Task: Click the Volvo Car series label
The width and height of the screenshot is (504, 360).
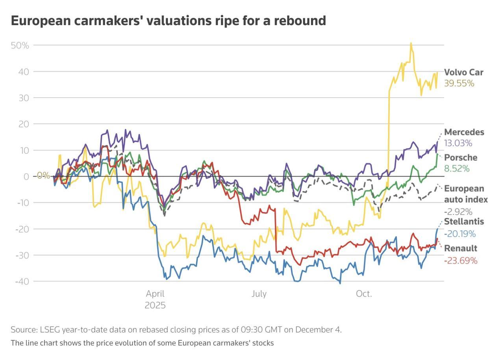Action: tap(463, 72)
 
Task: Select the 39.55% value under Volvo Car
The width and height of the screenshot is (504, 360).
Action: tap(459, 83)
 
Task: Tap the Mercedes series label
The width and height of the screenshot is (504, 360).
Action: tap(464, 132)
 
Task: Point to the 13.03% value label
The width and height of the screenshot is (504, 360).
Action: tap(458, 143)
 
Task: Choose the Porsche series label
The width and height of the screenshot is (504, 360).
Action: tap(461, 158)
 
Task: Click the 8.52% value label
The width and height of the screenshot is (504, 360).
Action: tap(457, 169)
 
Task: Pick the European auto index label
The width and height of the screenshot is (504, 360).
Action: tap(466, 194)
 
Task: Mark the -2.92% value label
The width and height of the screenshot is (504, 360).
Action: tap(458, 211)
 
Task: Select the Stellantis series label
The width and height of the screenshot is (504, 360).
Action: tap(464, 222)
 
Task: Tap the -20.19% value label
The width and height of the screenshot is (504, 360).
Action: tap(460, 234)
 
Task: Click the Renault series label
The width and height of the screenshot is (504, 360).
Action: tap(461, 249)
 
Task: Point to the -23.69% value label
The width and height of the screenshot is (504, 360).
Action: tap(461, 260)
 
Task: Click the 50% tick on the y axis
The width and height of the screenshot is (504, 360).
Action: tap(20, 45)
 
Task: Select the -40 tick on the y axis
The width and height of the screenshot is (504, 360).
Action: tap(22, 281)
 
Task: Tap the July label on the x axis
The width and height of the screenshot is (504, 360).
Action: tap(259, 294)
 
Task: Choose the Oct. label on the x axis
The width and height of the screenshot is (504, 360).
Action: tap(364, 294)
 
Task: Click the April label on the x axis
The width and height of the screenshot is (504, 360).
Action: tap(155, 294)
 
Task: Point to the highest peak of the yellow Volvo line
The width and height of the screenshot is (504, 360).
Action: tap(411, 43)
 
